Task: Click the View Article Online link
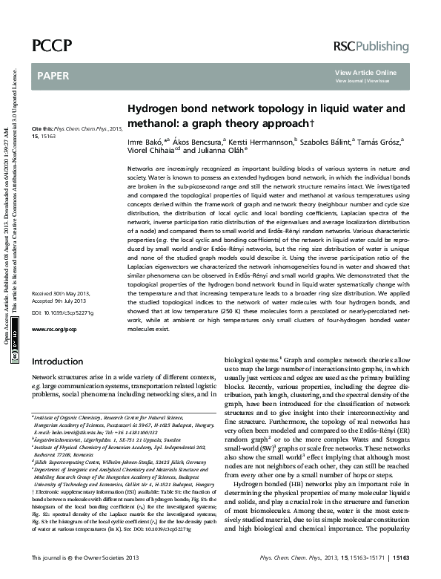(365, 72)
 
